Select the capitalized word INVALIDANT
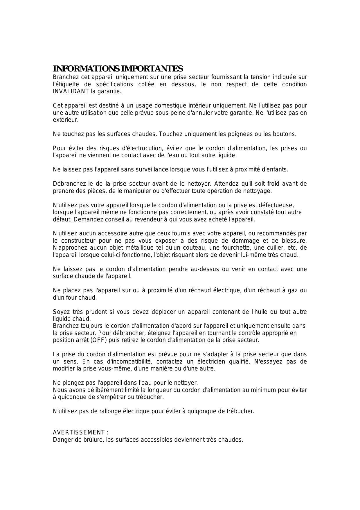point(71,92)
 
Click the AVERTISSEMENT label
point(79,433)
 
